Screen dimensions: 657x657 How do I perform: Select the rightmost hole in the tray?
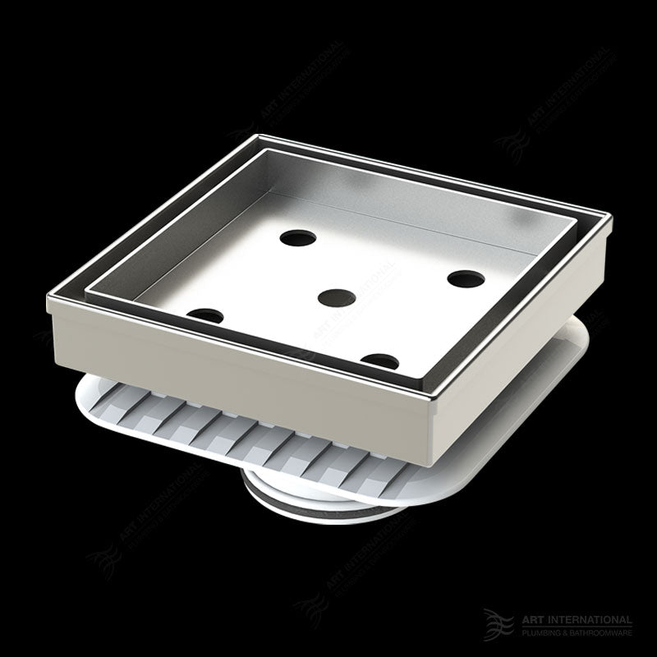click(465, 278)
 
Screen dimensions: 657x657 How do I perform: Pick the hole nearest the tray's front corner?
click(362, 359)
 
